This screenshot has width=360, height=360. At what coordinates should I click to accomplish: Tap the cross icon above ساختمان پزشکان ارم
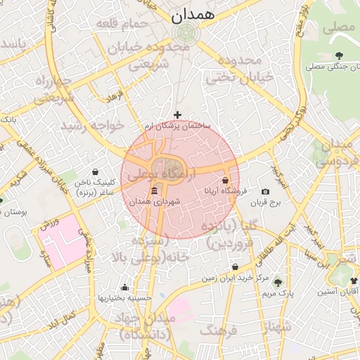177,115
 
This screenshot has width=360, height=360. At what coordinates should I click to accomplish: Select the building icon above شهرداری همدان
155,191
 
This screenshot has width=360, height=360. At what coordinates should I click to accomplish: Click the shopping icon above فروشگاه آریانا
225,181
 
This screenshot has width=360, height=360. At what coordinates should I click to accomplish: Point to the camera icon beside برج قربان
265,191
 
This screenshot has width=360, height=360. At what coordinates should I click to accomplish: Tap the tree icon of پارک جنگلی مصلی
340,56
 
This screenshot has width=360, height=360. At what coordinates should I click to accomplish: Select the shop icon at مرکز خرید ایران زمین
235,267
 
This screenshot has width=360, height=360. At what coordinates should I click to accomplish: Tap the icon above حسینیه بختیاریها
124,287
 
